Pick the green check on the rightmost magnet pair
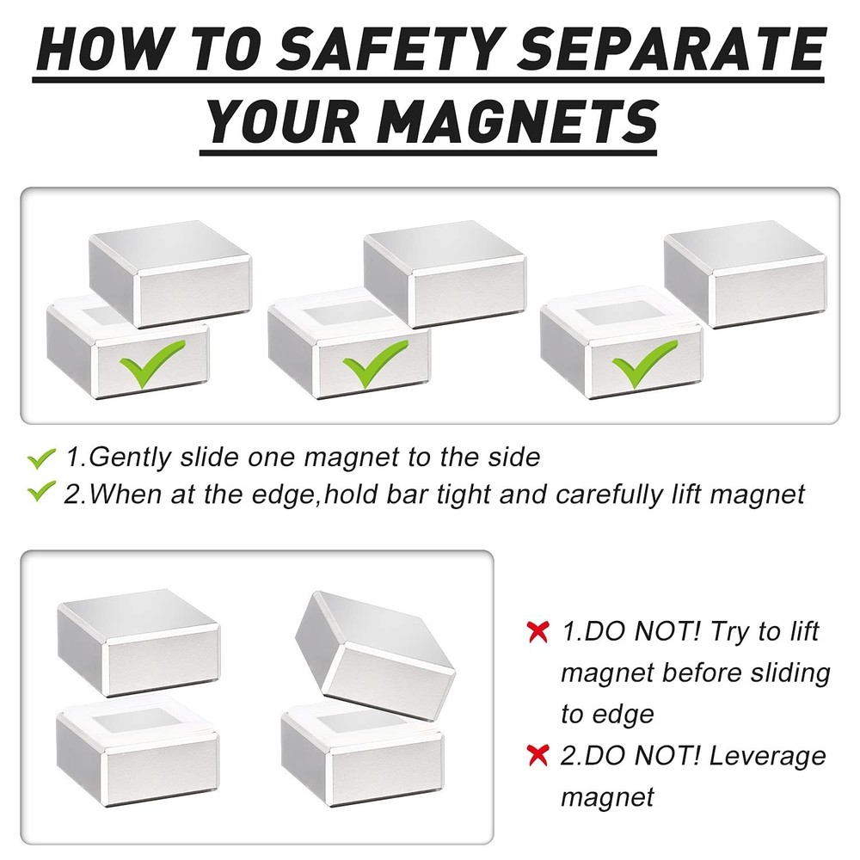[x=645, y=365]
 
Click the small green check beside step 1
[x=41, y=458]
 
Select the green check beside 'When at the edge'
[x=41, y=494]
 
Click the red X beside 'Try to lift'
[x=537, y=632]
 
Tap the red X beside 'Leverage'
[x=537, y=756]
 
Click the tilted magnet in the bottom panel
[x=374, y=645]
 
